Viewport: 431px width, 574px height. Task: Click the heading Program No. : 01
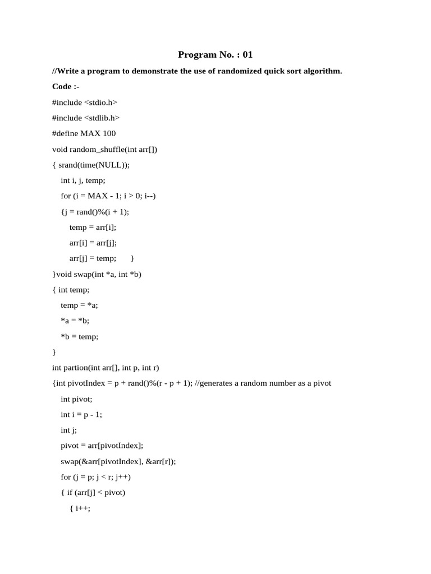pos(215,54)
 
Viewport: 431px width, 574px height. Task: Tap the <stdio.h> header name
pos(100,102)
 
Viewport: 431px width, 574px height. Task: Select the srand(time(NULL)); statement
pos(98,165)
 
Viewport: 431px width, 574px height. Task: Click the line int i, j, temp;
pos(83,180)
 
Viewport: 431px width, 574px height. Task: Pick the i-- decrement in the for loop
pos(149,196)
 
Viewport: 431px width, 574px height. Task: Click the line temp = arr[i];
pos(93,227)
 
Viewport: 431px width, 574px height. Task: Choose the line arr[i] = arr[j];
pos(93,243)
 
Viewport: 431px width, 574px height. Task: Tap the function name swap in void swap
pos(82,274)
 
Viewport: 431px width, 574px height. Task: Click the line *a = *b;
pos(75,321)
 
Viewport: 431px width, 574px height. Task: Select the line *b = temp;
pos(80,336)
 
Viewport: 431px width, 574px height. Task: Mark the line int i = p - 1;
pos(81,414)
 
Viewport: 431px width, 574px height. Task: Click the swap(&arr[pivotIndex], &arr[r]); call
pos(118,461)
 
